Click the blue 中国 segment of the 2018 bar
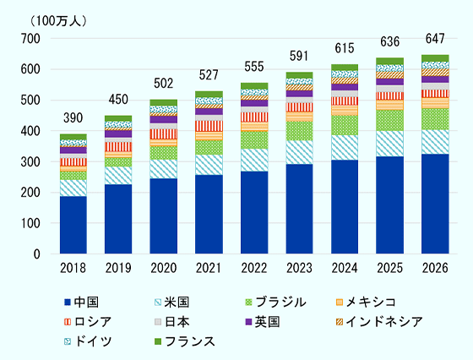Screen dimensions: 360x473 click(73, 225)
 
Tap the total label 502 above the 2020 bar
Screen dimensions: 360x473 click(164, 83)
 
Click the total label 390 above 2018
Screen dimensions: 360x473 click(73, 117)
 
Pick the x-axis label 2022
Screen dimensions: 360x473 click(254, 268)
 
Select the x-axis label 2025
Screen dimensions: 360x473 click(389, 268)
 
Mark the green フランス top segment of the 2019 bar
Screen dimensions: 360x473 click(118, 118)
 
